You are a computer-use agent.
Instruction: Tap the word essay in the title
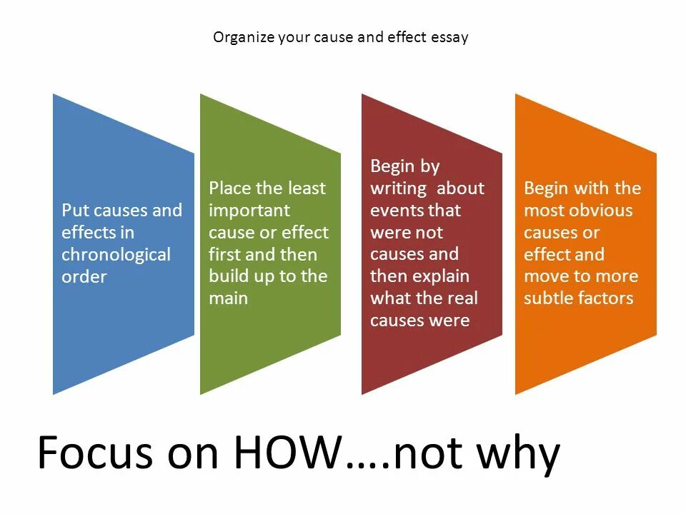(x=449, y=37)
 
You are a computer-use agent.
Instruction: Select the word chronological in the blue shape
(x=116, y=255)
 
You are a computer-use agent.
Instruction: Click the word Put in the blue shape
(x=74, y=211)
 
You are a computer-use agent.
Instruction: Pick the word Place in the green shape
(x=230, y=188)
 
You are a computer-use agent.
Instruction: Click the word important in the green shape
(x=249, y=211)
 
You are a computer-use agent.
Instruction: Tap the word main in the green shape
(x=228, y=298)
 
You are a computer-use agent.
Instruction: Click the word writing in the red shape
(x=397, y=188)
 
